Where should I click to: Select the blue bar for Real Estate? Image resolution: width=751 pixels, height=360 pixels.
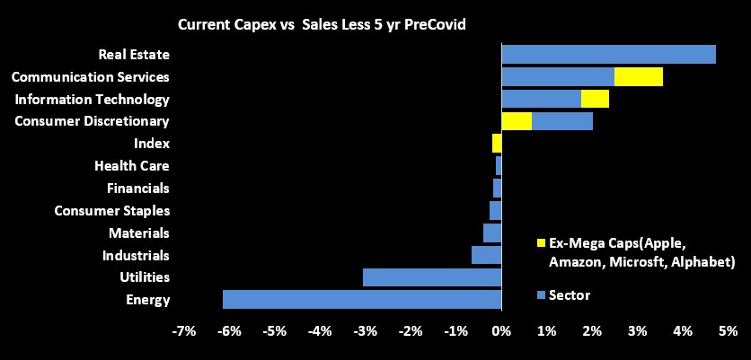(x=608, y=54)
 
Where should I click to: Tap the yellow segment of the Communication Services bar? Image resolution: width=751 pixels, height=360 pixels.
(x=639, y=76)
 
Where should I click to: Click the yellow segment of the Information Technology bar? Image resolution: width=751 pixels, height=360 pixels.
(x=595, y=99)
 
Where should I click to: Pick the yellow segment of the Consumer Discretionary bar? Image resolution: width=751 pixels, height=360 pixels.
(x=517, y=121)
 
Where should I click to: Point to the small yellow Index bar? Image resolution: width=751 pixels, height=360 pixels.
(x=497, y=144)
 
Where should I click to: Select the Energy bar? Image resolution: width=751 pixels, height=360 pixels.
(x=361, y=300)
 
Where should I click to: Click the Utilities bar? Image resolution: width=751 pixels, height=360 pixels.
(x=431, y=277)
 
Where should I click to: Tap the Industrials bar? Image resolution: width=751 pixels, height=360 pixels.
(x=486, y=255)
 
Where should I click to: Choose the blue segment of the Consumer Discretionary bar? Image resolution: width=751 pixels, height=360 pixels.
(x=562, y=121)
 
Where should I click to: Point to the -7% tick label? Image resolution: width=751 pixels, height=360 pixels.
(x=183, y=331)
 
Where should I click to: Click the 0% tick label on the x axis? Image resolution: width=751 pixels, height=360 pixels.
(x=500, y=331)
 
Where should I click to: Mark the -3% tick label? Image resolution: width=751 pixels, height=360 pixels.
(x=365, y=331)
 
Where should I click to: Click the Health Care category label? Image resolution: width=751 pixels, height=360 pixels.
(x=132, y=166)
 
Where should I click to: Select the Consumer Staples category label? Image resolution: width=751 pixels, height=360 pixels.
(x=112, y=211)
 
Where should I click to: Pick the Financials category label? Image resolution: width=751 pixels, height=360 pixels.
(x=137, y=189)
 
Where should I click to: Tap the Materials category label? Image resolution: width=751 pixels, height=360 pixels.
(x=138, y=233)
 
